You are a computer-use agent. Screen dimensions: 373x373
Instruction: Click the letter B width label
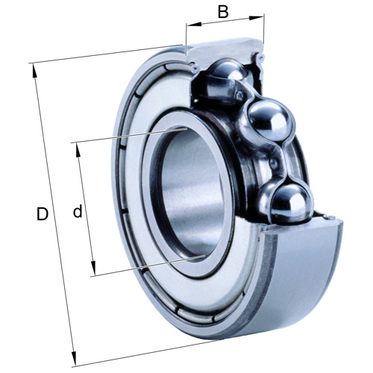223,12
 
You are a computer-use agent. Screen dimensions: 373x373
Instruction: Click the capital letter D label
43,214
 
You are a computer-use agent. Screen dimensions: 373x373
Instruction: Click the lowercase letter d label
78,211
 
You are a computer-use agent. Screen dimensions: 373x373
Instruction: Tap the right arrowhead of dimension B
257,18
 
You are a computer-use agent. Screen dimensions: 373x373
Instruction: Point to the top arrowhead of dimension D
34,71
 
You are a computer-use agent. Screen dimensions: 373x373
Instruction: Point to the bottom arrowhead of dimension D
74,359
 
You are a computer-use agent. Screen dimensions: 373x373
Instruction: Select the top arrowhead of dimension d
78,150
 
